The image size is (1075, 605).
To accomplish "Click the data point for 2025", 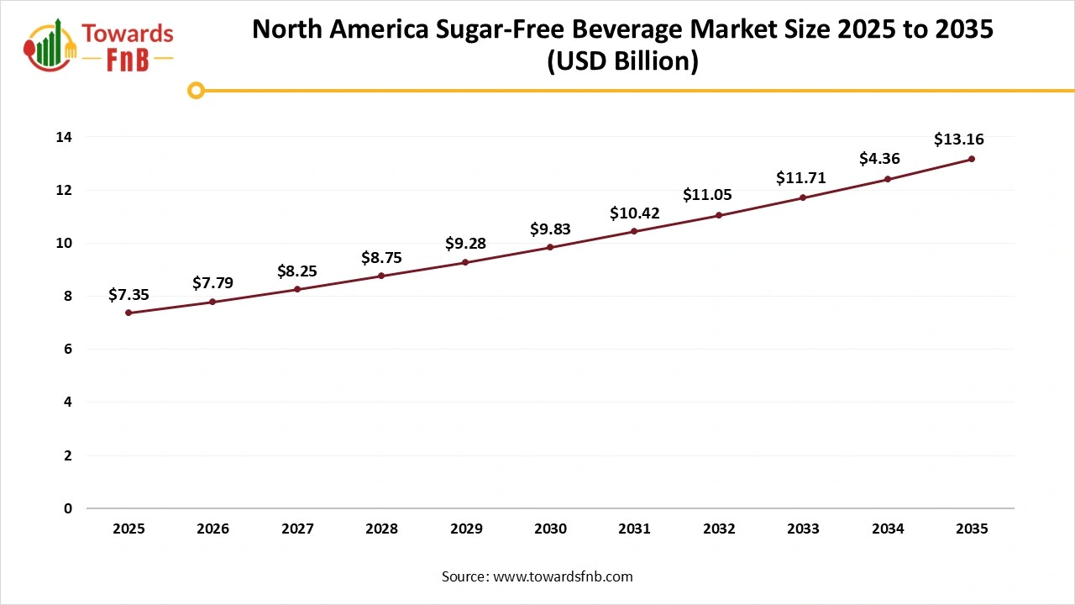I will tap(128, 313).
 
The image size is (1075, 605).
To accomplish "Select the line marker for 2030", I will tap(550, 247).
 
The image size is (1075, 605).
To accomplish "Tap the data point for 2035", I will tap(972, 159).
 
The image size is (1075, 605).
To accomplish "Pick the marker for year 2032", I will tap(719, 215).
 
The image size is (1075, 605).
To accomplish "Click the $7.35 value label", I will tap(128, 294).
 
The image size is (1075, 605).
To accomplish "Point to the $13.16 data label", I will tap(958, 139).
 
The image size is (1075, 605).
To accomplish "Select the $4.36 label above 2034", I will tap(879, 158).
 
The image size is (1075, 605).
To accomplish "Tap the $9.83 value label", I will tap(550, 229).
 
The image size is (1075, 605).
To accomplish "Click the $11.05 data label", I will tap(707, 195).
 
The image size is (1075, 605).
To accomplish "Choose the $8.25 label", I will tap(297, 271).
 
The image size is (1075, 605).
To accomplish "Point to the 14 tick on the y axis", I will tap(63, 137).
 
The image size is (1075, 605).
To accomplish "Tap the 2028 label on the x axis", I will tap(381, 529).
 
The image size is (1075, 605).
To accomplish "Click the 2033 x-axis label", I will tap(803, 529).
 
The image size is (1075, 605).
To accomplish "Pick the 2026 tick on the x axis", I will tap(212, 529).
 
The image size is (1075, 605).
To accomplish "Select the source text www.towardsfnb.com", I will tap(563, 576).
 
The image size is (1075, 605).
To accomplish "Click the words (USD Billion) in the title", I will tap(622, 61).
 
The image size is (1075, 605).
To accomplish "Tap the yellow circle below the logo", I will tap(196, 90).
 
